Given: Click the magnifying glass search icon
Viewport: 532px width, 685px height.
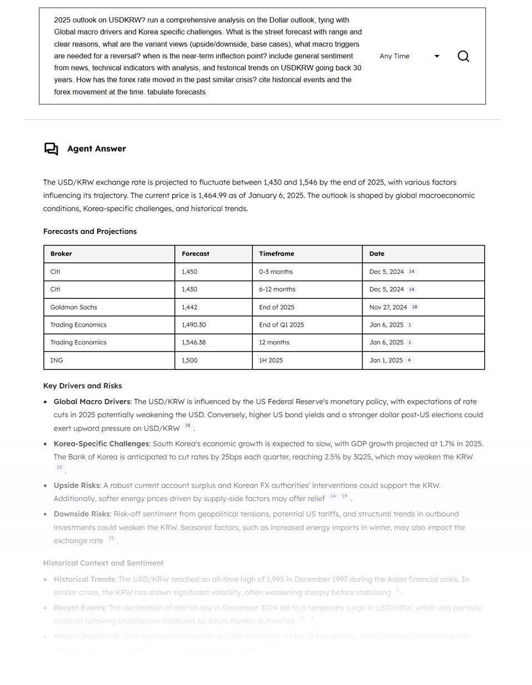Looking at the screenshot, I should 463,56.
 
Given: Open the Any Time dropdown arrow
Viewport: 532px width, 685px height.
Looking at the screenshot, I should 437,56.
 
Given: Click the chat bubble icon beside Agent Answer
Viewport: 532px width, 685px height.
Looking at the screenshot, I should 51,148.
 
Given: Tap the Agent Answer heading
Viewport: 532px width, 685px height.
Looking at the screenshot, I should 97,148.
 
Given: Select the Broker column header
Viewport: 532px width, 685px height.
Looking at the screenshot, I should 61,254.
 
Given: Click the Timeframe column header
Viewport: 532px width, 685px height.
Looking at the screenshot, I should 277,254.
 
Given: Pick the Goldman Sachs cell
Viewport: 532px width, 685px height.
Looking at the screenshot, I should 73,307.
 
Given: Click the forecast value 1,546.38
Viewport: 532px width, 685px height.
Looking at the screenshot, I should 194,343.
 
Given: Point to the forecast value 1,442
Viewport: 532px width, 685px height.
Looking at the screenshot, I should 189,307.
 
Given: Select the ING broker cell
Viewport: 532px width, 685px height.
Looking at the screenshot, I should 57,361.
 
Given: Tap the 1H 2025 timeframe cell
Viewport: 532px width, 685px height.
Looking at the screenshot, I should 271,361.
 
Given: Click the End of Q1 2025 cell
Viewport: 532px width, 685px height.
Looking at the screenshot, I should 282,325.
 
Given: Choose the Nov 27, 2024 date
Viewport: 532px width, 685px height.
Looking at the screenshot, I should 388,307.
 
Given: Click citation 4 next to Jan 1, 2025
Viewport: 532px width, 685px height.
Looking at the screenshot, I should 409,360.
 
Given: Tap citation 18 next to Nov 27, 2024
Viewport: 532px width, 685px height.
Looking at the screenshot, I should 415,307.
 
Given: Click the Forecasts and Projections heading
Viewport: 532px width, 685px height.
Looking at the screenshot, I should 90,232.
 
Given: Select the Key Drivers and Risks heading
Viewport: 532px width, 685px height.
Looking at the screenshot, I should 83,386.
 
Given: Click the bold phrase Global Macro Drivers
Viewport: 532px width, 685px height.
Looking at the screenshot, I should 92,402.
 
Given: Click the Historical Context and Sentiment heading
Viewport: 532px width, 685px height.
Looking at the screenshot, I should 103,563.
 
